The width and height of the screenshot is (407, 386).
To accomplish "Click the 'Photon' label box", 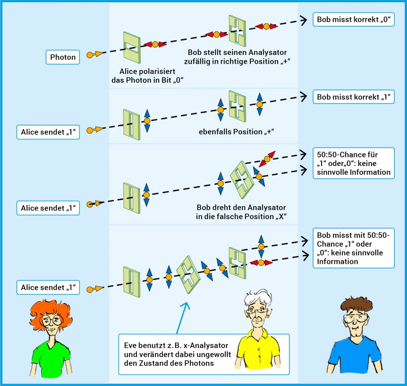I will [63, 57].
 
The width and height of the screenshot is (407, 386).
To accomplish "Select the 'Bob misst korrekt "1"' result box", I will [354, 97].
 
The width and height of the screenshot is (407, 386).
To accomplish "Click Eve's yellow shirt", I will [254, 350].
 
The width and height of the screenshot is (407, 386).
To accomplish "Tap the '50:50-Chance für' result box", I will [353, 163].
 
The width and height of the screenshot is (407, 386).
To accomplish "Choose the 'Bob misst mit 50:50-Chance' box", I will [353, 249].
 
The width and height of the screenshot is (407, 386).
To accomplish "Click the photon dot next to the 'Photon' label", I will [91, 55].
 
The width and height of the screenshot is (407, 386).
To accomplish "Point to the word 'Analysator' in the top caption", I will [268, 53].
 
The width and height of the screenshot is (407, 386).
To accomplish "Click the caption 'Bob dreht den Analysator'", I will [241, 212].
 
